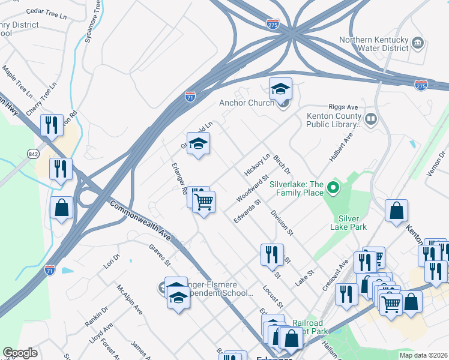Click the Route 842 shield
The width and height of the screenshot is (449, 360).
click(x=32, y=154)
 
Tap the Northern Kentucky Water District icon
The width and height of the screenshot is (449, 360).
click(x=419, y=44)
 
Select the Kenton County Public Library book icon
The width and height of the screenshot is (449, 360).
click(x=371, y=120)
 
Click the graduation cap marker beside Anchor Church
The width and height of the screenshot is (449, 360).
click(x=280, y=89)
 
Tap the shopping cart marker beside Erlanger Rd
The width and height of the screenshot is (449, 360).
click(x=204, y=202)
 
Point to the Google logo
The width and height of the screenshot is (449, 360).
click(x=20, y=353)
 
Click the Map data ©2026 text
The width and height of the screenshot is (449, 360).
click(x=423, y=355)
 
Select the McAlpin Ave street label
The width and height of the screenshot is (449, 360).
click(x=130, y=300)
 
